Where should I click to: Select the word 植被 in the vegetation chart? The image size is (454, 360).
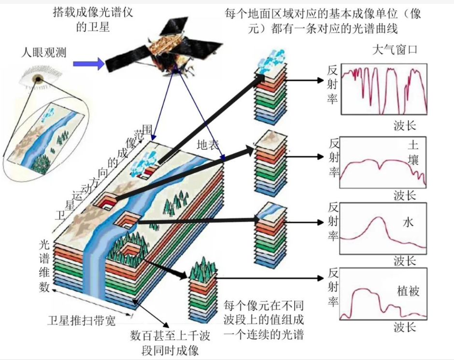(x=408, y=290)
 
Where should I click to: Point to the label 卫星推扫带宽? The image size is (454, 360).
(x=83, y=320)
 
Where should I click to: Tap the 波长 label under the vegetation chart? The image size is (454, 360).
(x=405, y=327)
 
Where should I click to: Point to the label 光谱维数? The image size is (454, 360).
(x=44, y=265)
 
